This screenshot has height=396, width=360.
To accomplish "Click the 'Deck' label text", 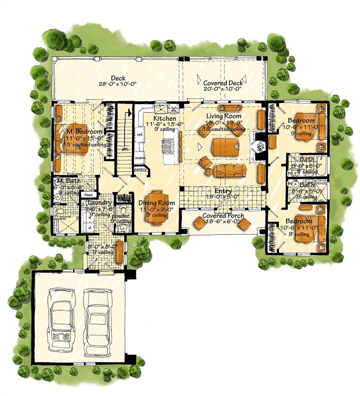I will pos(118,78).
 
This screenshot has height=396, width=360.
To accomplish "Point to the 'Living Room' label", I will pos(224,116).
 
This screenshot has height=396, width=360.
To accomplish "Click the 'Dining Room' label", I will pos(156,203).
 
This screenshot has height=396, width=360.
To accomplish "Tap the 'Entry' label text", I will pos(223,191).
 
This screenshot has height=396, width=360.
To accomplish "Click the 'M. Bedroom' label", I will pos(79,132).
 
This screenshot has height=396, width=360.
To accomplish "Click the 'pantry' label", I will pos(140,169).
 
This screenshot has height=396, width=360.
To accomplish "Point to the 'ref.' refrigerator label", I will pos(140,135).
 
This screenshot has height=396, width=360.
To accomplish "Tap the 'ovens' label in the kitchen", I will pos(140,158).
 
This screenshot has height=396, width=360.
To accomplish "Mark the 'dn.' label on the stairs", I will pos(124,149).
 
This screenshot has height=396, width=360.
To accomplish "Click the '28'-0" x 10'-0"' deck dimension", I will pos(118,84).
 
